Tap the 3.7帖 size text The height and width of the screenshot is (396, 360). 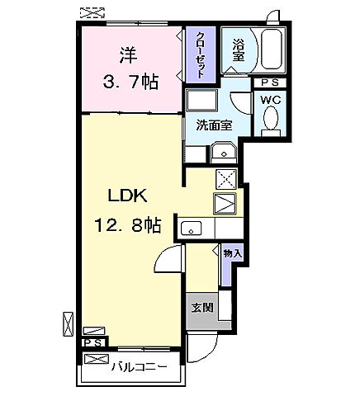pos(131,82)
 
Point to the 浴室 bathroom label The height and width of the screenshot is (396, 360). pos(238,51)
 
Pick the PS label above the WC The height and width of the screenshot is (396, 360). pos(270,83)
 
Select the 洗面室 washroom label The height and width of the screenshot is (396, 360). pos(212,125)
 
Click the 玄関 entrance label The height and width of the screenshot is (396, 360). pos(201,309)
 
